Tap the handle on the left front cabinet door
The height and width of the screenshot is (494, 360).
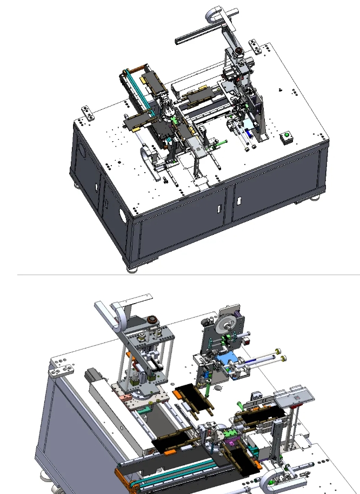coord(218,208)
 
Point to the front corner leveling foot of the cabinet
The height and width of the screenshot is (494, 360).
coord(132,267)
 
